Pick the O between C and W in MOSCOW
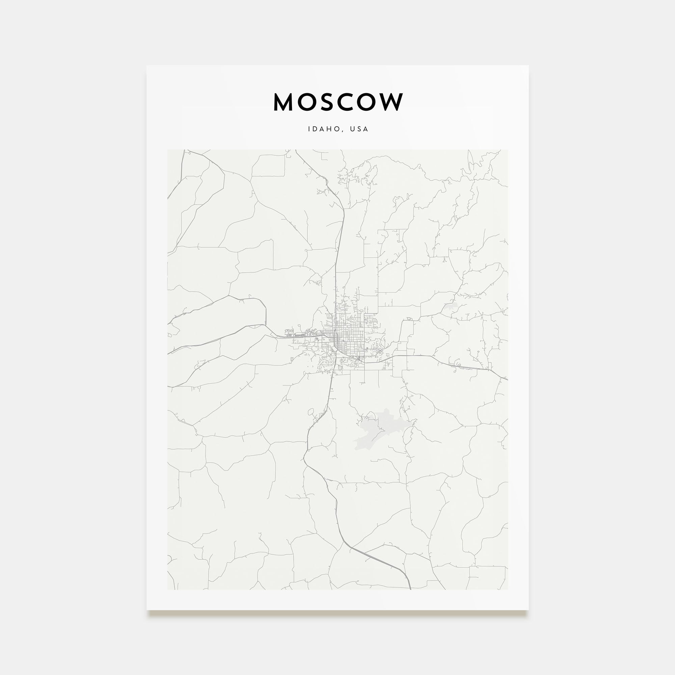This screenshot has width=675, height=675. pos(367,102)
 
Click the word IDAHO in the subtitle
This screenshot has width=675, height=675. pos(324,129)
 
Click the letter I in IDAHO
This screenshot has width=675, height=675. pos(309,129)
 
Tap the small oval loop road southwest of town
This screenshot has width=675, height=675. pos(310,412)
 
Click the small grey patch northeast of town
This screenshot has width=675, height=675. pos(451,307)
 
